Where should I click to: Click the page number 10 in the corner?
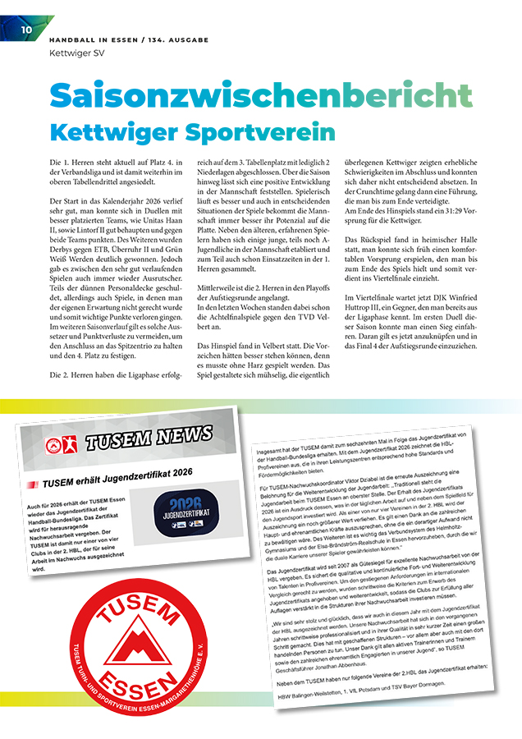[x=26, y=30]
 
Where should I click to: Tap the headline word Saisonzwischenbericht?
[x=260, y=95]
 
